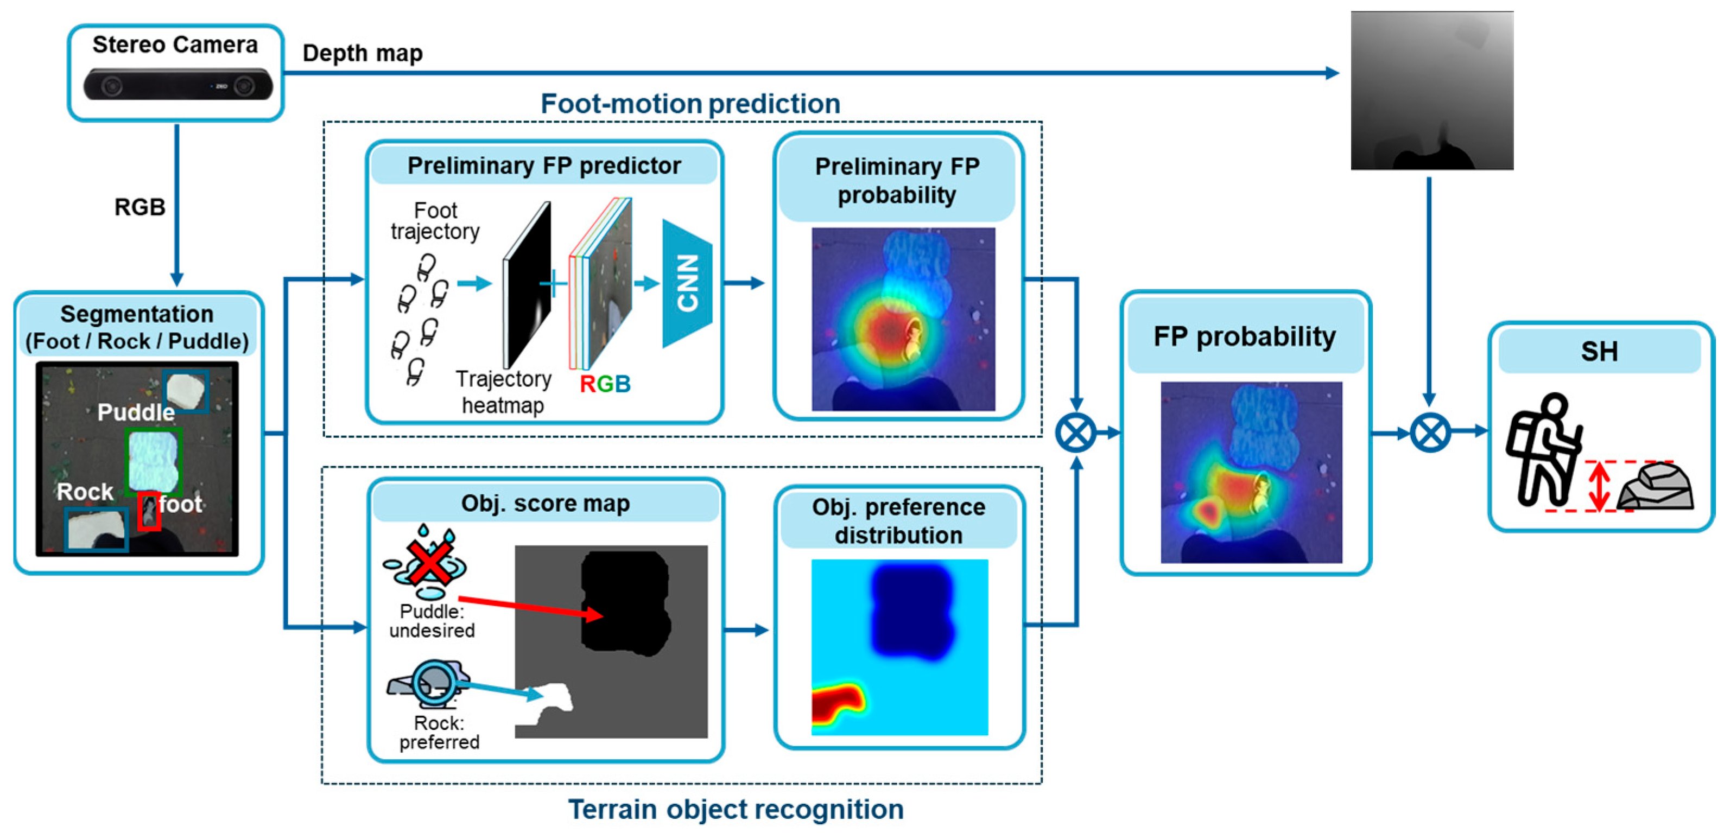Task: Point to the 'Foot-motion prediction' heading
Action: click(x=690, y=104)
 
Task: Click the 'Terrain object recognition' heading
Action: click(x=736, y=809)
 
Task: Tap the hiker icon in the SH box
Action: click(x=1543, y=450)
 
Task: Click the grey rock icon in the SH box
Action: click(x=1656, y=487)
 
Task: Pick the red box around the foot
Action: click(x=149, y=511)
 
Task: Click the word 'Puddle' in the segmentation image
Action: click(x=136, y=412)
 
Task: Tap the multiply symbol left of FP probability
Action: click(x=1075, y=433)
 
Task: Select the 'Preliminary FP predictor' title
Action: click(x=544, y=166)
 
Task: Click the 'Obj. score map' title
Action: click(x=546, y=503)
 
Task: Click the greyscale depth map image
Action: click(x=1431, y=90)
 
